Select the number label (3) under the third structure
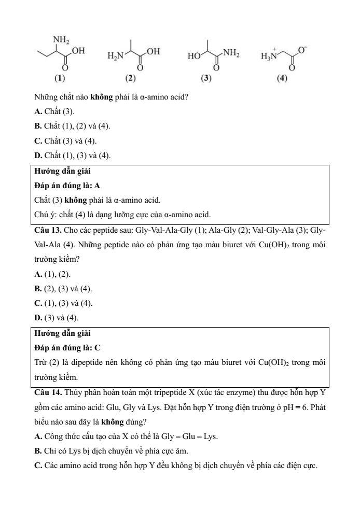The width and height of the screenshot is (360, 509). (207, 79)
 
